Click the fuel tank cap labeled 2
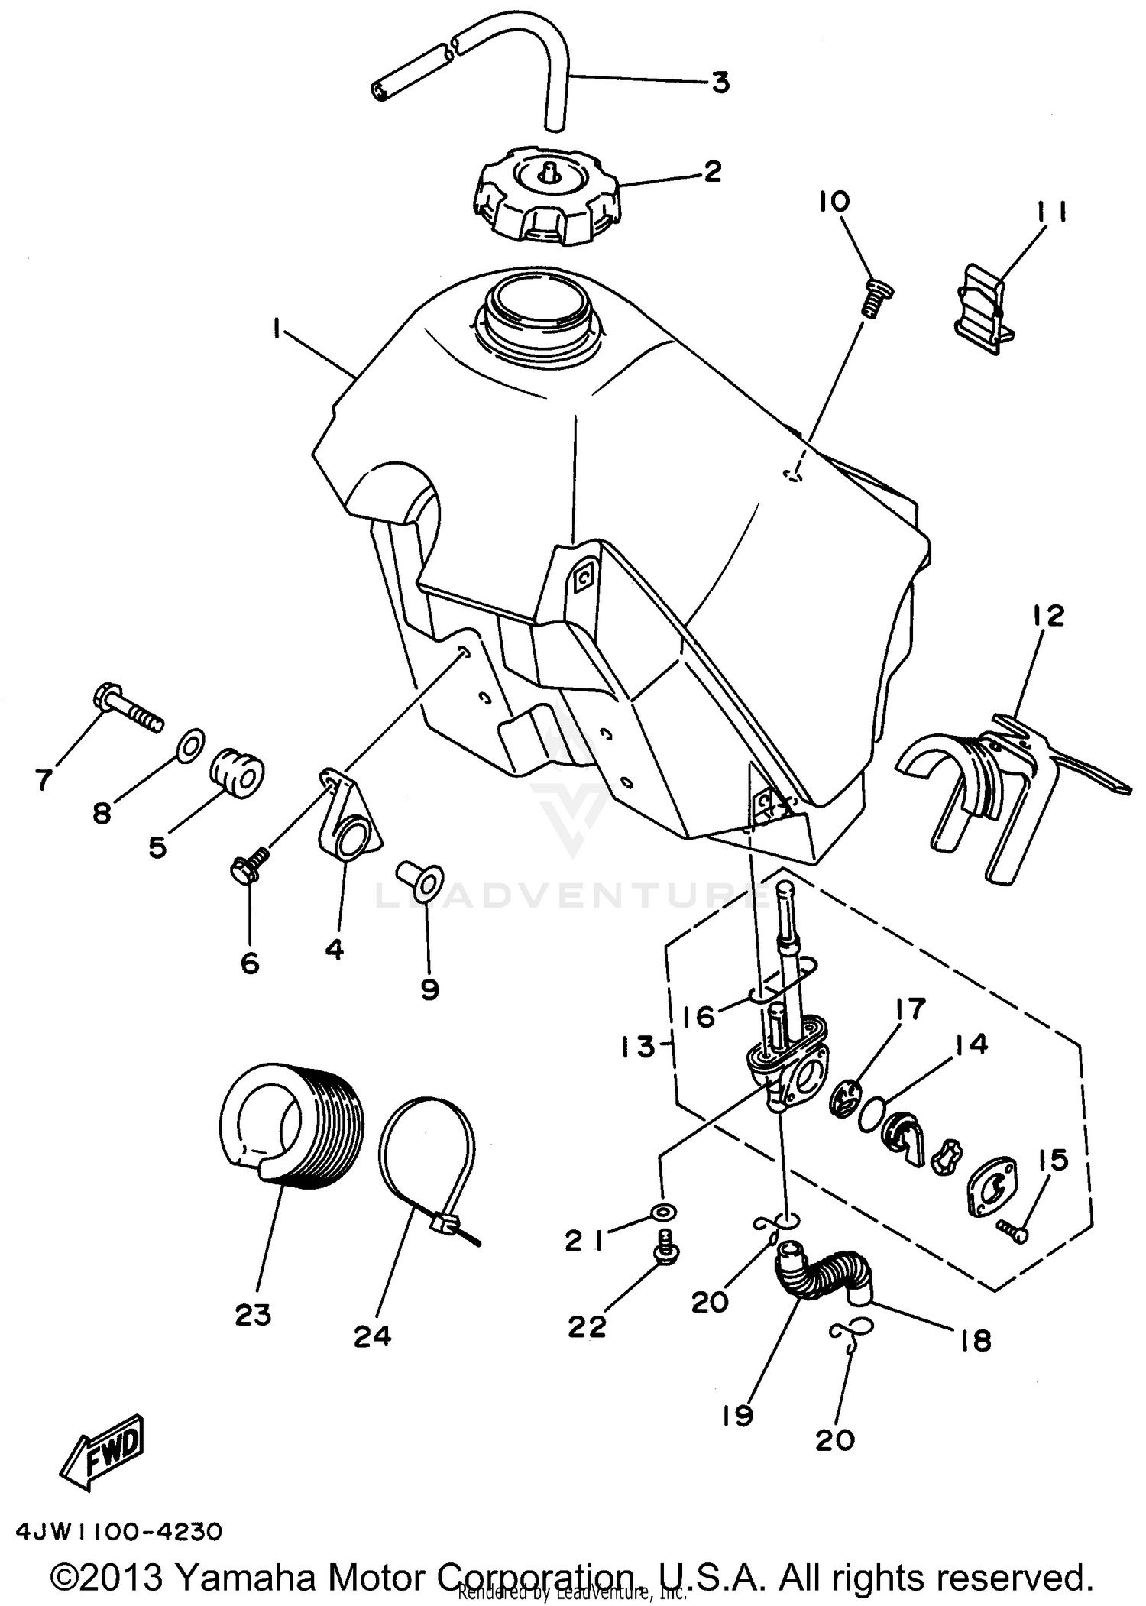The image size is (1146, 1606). click(546, 195)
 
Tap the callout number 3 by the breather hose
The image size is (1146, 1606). click(720, 82)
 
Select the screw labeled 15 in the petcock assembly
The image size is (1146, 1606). click(1012, 1228)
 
